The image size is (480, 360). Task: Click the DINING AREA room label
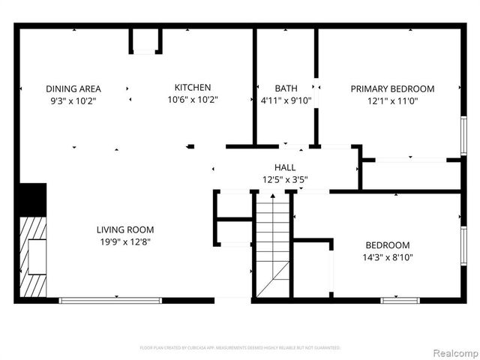click(73, 88)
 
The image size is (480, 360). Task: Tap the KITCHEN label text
click(193, 88)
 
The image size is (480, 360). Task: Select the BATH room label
click(285, 88)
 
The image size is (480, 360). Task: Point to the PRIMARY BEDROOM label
click(392, 88)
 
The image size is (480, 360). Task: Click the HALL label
click(285, 168)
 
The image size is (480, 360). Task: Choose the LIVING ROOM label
click(125, 229)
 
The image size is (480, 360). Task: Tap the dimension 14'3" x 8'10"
click(388, 256)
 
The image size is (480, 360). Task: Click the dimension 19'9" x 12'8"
click(125, 241)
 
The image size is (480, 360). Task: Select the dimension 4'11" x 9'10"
click(285, 100)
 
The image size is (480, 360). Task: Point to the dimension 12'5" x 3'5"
click(285, 180)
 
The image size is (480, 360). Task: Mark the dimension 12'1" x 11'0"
click(392, 100)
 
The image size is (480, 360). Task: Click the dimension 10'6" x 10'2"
click(193, 100)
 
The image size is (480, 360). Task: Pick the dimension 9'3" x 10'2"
click(73, 100)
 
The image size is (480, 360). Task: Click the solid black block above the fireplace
click(31, 199)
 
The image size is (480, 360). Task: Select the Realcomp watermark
click(455, 352)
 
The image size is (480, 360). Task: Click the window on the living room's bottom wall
click(110, 301)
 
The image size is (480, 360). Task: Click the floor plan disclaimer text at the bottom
click(240, 348)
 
